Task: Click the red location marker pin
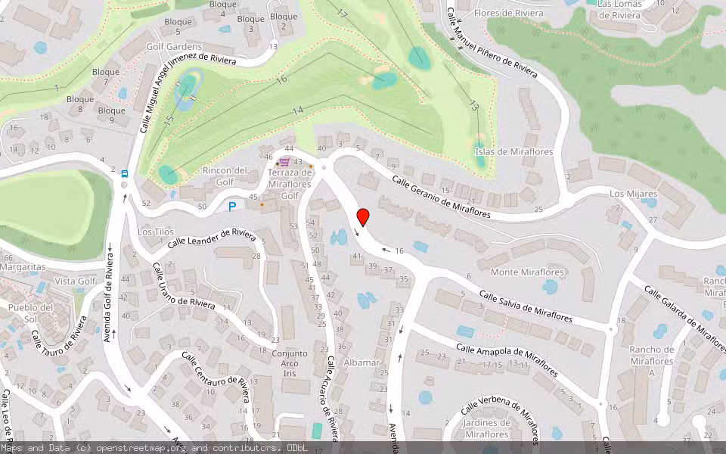(x=363, y=216)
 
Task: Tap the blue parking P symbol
(x=233, y=206)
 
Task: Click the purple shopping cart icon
(x=284, y=161)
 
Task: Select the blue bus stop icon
(x=125, y=173)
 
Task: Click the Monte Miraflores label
(x=528, y=272)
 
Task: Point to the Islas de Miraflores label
(x=513, y=152)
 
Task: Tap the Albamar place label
(x=361, y=363)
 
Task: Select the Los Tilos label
(x=156, y=232)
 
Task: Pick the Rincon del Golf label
(x=225, y=176)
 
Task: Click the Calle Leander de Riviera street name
(x=212, y=238)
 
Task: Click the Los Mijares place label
(x=633, y=194)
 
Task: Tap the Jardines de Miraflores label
(x=486, y=428)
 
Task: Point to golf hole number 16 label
(x=282, y=79)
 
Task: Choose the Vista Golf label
(x=76, y=281)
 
